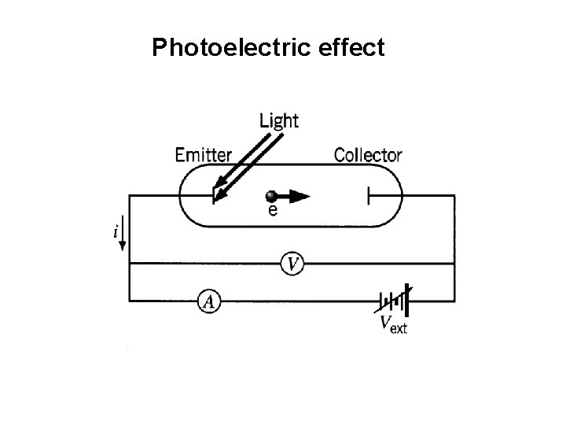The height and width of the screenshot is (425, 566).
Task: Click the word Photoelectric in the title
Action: tap(227, 49)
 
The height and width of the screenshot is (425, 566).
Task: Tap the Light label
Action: tap(279, 120)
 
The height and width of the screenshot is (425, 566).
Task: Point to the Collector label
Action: tap(368, 155)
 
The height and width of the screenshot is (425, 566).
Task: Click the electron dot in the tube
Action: tap(271, 196)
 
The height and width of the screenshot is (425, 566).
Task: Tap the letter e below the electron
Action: tap(272, 211)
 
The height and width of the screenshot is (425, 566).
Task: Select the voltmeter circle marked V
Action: tap(292, 264)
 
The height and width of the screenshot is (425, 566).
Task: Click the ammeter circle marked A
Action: tap(208, 300)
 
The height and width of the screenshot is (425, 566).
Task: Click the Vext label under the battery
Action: tap(393, 323)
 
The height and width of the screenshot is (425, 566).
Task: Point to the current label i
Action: tap(116, 232)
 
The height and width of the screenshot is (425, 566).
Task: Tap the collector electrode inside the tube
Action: tap(368, 196)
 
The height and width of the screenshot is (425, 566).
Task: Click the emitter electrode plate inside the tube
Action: tap(214, 196)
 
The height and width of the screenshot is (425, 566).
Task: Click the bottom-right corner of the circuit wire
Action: tap(454, 300)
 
